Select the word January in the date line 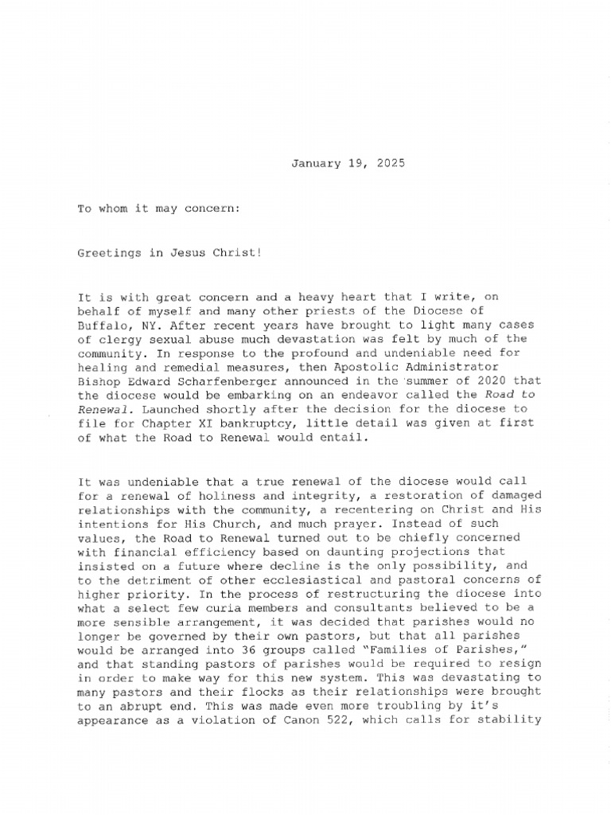coord(315,163)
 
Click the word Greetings coord(107,253)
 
